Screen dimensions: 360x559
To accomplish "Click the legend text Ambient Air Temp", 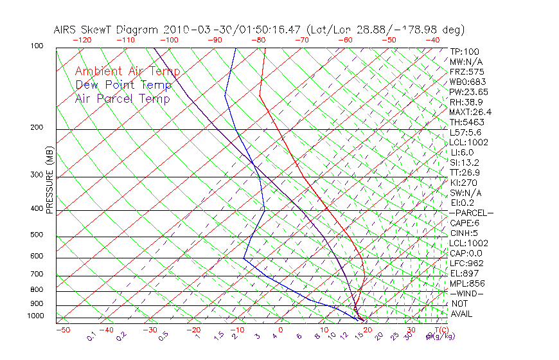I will point(127,71).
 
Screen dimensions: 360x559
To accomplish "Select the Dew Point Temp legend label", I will point(123,85).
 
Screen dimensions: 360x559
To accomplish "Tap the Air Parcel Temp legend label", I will point(122,98).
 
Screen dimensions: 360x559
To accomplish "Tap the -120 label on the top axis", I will point(82,40).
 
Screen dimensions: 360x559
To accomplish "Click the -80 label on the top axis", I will point(258,40).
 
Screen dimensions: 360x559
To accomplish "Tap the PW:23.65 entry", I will point(469,92).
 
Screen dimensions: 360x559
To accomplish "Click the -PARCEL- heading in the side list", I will point(471,213).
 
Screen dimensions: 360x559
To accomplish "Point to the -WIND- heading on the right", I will point(467,293).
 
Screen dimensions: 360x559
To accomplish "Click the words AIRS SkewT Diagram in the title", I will point(107,30).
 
